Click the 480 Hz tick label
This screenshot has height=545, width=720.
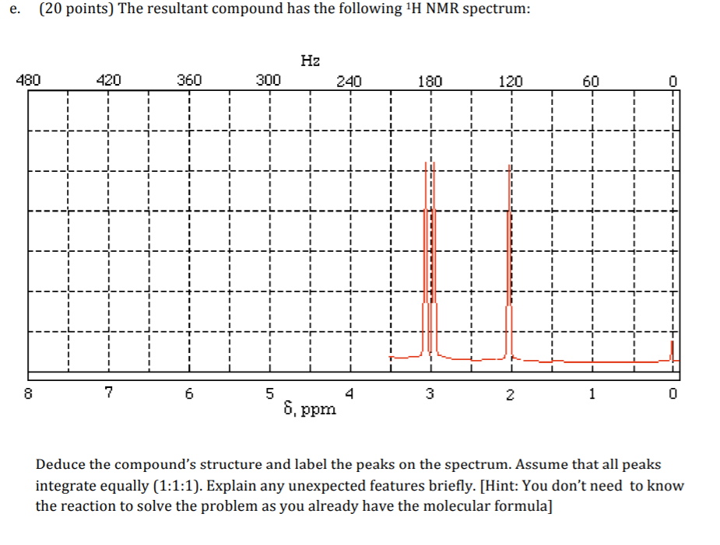(28, 79)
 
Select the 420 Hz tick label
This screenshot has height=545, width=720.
(108, 79)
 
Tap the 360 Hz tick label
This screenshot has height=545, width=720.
(189, 79)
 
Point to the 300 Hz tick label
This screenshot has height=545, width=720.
(269, 79)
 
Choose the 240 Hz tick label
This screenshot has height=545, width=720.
(349, 79)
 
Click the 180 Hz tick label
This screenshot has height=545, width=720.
(430, 79)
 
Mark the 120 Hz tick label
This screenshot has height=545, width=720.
(511, 79)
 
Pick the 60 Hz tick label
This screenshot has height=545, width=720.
(592, 79)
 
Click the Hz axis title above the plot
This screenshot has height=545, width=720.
(310, 60)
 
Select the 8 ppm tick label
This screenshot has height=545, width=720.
(28, 393)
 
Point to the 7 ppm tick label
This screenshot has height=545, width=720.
(108, 393)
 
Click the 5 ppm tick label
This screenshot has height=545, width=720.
(269, 393)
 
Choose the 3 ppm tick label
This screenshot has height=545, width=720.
(430, 393)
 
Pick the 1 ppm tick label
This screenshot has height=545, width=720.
(592, 393)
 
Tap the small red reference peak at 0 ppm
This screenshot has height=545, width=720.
(673, 351)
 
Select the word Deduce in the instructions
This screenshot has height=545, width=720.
(61, 465)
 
